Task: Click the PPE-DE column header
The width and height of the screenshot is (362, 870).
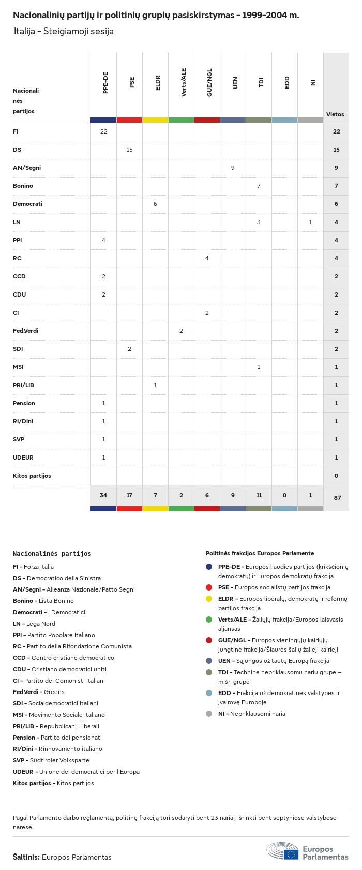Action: tap(105, 83)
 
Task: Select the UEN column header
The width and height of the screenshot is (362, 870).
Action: tap(235, 83)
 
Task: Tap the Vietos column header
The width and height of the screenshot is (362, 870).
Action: tap(335, 114)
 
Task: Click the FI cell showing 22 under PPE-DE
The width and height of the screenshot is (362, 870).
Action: tap(103, 131)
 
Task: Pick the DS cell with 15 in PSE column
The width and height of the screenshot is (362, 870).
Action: tap(129, 150)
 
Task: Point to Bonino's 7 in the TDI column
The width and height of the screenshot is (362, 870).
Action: tap(259, 186)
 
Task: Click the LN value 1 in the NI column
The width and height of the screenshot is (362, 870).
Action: tap(310, 222)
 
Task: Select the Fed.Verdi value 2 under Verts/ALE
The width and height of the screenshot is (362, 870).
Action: tap(181, 331)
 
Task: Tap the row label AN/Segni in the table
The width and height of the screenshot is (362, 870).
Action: tap(27, 168)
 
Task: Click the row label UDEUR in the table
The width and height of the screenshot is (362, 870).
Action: tap(23, 458)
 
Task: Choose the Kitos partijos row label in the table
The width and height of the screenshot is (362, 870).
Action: tap(32, 476)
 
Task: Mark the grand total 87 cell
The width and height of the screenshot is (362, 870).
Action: tap(337, 498)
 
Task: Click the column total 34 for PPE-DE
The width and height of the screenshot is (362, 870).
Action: tap(103, 495)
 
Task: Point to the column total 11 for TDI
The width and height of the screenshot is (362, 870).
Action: tap(259, 495)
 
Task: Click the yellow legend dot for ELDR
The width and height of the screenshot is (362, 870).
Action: tap(209, 599)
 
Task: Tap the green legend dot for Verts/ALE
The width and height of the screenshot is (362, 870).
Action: tap(209, 620)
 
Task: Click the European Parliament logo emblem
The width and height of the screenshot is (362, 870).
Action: tap(283, 850)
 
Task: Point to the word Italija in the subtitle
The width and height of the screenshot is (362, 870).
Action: tap(24, 31)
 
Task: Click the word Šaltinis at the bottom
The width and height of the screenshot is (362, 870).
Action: tap(26, 857)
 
